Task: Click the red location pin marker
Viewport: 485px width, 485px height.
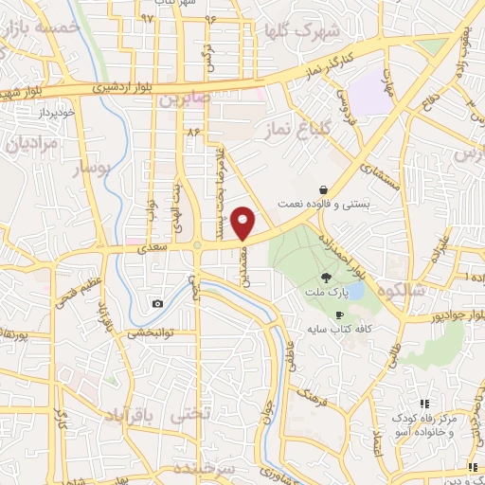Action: tap(244, 222)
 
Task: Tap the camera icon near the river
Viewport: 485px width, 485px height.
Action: tap(157, 303)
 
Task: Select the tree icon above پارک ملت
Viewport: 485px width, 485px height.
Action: tap(326, 278)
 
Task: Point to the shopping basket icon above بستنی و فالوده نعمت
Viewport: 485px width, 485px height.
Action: tap(324, 189)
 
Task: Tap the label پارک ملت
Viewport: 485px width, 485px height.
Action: tap(326, 293)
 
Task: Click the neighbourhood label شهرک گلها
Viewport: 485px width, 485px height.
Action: tap(304, 31)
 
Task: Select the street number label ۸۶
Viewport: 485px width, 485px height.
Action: tap(195, 132)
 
